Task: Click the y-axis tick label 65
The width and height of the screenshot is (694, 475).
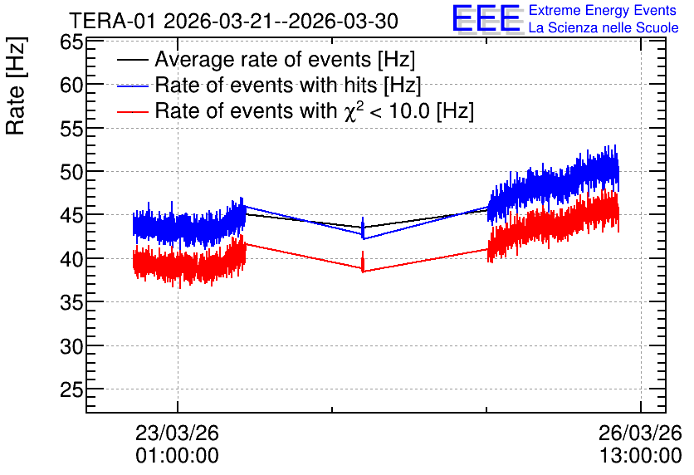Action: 71,43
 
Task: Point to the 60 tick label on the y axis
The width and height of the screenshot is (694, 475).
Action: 71,85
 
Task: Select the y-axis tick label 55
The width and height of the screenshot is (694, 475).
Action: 71,129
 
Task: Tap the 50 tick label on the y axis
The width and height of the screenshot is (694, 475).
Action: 71,172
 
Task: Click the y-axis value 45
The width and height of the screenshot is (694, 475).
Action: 71,215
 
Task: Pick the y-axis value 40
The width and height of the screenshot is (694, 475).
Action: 71,258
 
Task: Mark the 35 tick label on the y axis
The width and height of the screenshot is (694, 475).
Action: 71,302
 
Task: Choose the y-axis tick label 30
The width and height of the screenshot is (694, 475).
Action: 71,345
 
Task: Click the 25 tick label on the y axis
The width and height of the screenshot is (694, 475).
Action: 71,389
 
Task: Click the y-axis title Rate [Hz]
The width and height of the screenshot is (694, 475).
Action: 16,86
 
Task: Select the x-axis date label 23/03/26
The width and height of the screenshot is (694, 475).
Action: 177,433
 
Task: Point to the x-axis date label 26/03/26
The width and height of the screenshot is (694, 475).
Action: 640,433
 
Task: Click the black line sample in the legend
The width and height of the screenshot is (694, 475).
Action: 133,60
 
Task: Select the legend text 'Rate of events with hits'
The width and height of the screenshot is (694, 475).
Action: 266,85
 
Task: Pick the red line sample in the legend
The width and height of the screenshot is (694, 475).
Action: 133,111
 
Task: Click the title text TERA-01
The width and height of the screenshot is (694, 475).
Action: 113,22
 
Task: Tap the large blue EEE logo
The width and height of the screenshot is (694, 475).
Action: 486,18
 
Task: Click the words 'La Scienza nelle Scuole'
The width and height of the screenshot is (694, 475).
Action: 604,27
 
